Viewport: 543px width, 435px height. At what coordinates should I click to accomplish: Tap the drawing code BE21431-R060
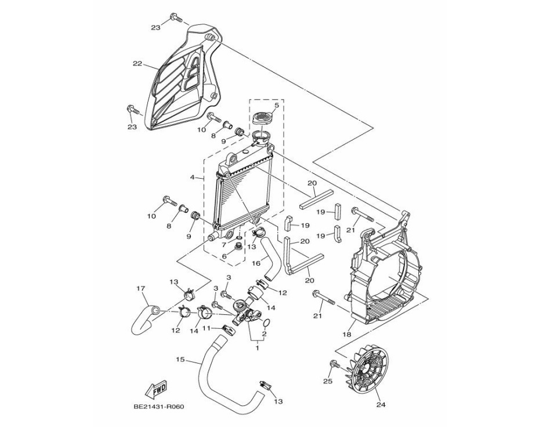[x=158, y=406]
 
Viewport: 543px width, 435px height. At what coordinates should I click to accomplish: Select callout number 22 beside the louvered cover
[x=137, y=63]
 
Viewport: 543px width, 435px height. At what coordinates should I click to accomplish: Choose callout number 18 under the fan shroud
[x=346, y=335]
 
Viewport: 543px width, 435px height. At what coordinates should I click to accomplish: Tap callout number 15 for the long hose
[x=180, y=360]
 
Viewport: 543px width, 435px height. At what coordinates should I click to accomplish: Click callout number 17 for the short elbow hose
[x=140, y=288]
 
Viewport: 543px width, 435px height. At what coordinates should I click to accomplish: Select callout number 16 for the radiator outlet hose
[x=256, y=263]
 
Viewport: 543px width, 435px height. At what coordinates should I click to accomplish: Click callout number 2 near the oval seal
[x=264, y=334]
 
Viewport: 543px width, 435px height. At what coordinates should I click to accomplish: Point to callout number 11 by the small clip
[x=206, y=328]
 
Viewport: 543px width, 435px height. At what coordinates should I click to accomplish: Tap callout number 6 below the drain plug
[x=224, y=256]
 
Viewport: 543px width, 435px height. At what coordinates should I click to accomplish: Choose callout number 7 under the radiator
[x=224, y=244]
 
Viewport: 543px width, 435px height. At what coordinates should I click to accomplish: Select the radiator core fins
[x=244, y=197]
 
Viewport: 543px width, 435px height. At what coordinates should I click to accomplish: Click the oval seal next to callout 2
[x=267, y=322]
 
